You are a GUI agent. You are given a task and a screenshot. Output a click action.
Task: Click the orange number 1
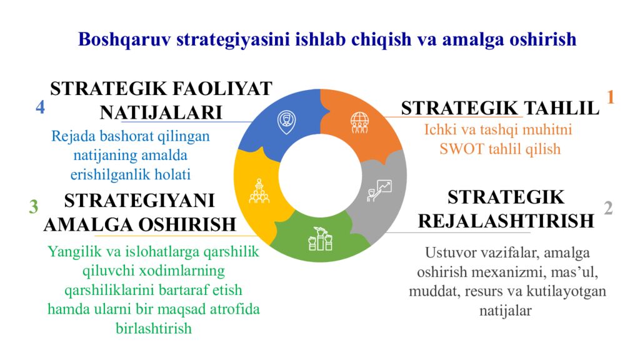[x=611, y=97]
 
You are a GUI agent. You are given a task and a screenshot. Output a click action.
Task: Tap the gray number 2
[x=608, y=208]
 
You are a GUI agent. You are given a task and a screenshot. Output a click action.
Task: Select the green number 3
[x=34, y=206]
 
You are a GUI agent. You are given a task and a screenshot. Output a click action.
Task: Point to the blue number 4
[x=40, y=107]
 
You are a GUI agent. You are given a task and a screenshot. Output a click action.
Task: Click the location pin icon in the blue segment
[x=286, y=121]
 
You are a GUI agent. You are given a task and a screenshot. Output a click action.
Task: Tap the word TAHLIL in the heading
[x=561, y=108]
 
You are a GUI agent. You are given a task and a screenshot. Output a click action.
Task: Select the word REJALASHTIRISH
[x=506, y=221]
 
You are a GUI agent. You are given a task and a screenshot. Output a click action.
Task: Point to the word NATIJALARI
[x=161, y=112]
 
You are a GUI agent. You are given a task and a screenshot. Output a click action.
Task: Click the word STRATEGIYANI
[x=139, y=201]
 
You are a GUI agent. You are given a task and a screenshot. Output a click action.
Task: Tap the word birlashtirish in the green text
[x=154, y=328]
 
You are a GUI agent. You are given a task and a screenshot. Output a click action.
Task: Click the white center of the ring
[x=319, y=174]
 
